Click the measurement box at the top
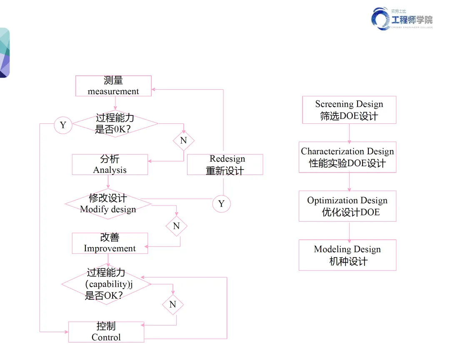tap(113, 86)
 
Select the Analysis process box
tap(110, 165)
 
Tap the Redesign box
tap(225, 165)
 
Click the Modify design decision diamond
tap(108, 204)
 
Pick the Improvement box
tap(110, 243)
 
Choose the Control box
tap(106, 332)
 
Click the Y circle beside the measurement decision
tap(63, 125)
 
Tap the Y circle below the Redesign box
tap(221, 203)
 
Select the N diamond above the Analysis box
tap(183, 140)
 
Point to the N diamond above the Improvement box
tap(176, 226)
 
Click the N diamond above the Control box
tap(172, 304)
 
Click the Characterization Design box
tap(347, 157)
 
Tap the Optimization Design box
tap(347, 206)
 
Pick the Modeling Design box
tap(347, 255)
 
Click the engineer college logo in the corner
tap(402, 19)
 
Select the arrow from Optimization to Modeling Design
tap(349, 230)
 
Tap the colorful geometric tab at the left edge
tap(4, 52)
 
